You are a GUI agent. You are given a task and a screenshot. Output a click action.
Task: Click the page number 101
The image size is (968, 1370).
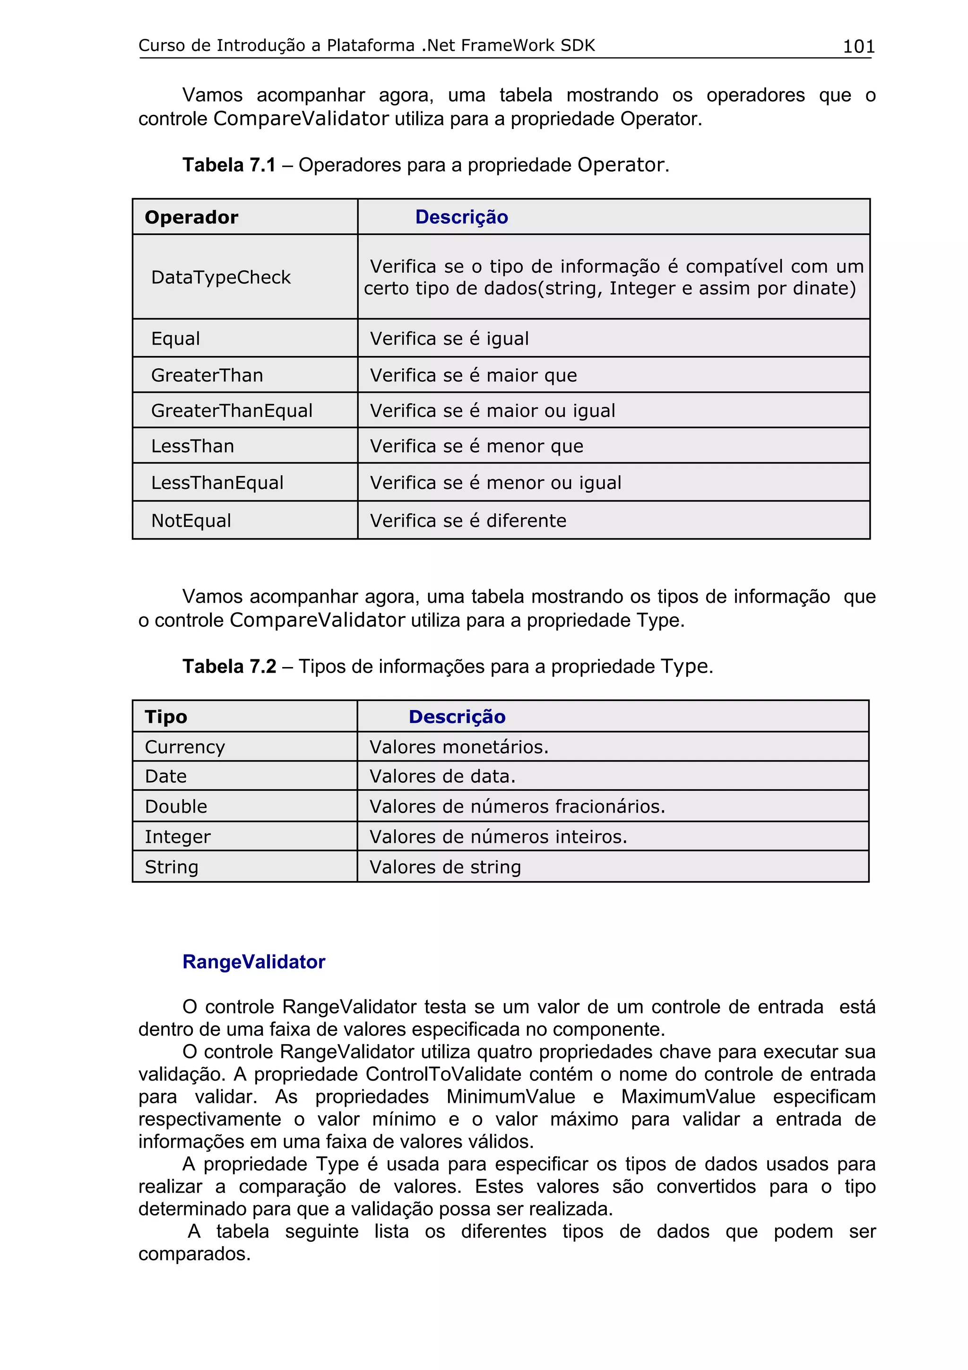tap(858, 46)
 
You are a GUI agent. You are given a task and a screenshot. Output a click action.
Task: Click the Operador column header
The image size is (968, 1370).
tap(191, 217)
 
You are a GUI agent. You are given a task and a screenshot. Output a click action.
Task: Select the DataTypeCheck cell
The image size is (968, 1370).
tap(221, 277)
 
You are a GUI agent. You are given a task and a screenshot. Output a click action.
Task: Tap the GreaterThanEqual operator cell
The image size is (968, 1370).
tap(232, 410)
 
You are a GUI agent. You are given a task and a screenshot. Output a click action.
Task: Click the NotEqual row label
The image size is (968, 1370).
tap(191, 520)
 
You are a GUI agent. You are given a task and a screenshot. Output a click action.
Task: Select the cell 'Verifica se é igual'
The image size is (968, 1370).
tap(449, 338)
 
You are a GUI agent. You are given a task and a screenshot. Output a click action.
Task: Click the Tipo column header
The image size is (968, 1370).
tap(166, 717)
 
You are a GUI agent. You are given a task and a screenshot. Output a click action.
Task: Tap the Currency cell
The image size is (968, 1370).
tap(185, 747)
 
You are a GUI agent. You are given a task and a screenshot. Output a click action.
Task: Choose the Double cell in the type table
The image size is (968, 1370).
tap(176, 806)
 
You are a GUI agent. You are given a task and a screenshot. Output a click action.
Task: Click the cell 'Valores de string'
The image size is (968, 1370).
tap(445, 867)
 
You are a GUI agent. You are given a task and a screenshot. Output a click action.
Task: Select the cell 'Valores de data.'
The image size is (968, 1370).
tap(442, 776)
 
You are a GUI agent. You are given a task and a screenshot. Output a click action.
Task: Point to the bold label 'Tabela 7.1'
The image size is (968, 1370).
tap(229, 165)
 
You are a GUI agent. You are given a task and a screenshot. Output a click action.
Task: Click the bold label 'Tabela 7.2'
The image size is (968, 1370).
tap(229, 667)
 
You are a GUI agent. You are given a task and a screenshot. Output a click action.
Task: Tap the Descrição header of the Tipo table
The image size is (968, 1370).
tap(457, 717)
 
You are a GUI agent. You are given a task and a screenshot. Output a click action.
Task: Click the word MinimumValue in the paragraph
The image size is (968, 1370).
tap(510, 1097)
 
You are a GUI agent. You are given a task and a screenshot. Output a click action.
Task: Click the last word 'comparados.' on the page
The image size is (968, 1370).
tap(194, 1254)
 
